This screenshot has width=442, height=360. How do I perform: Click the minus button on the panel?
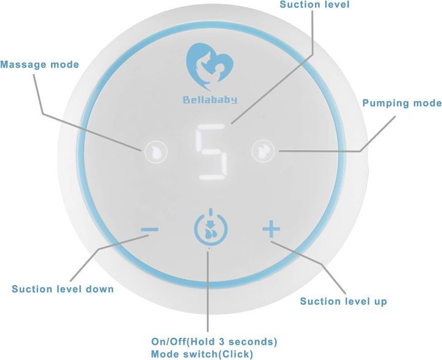150,229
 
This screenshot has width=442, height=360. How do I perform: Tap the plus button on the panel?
271,229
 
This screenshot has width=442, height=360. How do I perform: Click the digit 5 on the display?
212,152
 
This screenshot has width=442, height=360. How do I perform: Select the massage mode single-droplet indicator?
156,152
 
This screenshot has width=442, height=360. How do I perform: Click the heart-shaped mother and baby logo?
210,66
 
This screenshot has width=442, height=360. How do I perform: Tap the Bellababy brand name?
210,100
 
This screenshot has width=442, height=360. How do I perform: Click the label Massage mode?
39,65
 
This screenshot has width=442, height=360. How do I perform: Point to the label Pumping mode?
402,103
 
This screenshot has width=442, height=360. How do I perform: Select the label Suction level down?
63,289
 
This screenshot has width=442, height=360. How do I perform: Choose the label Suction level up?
343,301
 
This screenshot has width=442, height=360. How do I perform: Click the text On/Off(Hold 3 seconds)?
214,342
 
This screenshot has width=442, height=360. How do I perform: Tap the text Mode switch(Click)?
202,354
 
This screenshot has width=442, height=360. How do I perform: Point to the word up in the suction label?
381,302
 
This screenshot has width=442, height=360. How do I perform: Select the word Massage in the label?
23,65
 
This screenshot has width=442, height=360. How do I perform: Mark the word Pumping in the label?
385,104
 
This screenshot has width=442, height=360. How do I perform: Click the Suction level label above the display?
314,4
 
